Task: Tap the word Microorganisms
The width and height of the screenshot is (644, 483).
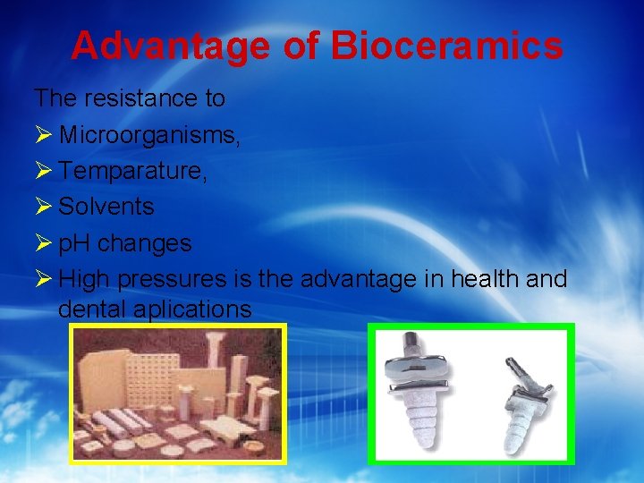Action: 149,134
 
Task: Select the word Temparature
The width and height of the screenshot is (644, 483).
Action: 133,171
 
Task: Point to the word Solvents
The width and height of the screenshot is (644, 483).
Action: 106,207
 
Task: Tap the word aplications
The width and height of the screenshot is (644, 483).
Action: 194,310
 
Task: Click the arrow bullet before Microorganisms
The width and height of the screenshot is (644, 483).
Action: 43,134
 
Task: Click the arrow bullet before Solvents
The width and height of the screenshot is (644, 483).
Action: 43,207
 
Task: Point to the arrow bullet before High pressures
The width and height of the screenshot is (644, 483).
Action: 43,279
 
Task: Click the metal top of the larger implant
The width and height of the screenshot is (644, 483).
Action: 419,358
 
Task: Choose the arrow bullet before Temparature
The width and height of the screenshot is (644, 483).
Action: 43,171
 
